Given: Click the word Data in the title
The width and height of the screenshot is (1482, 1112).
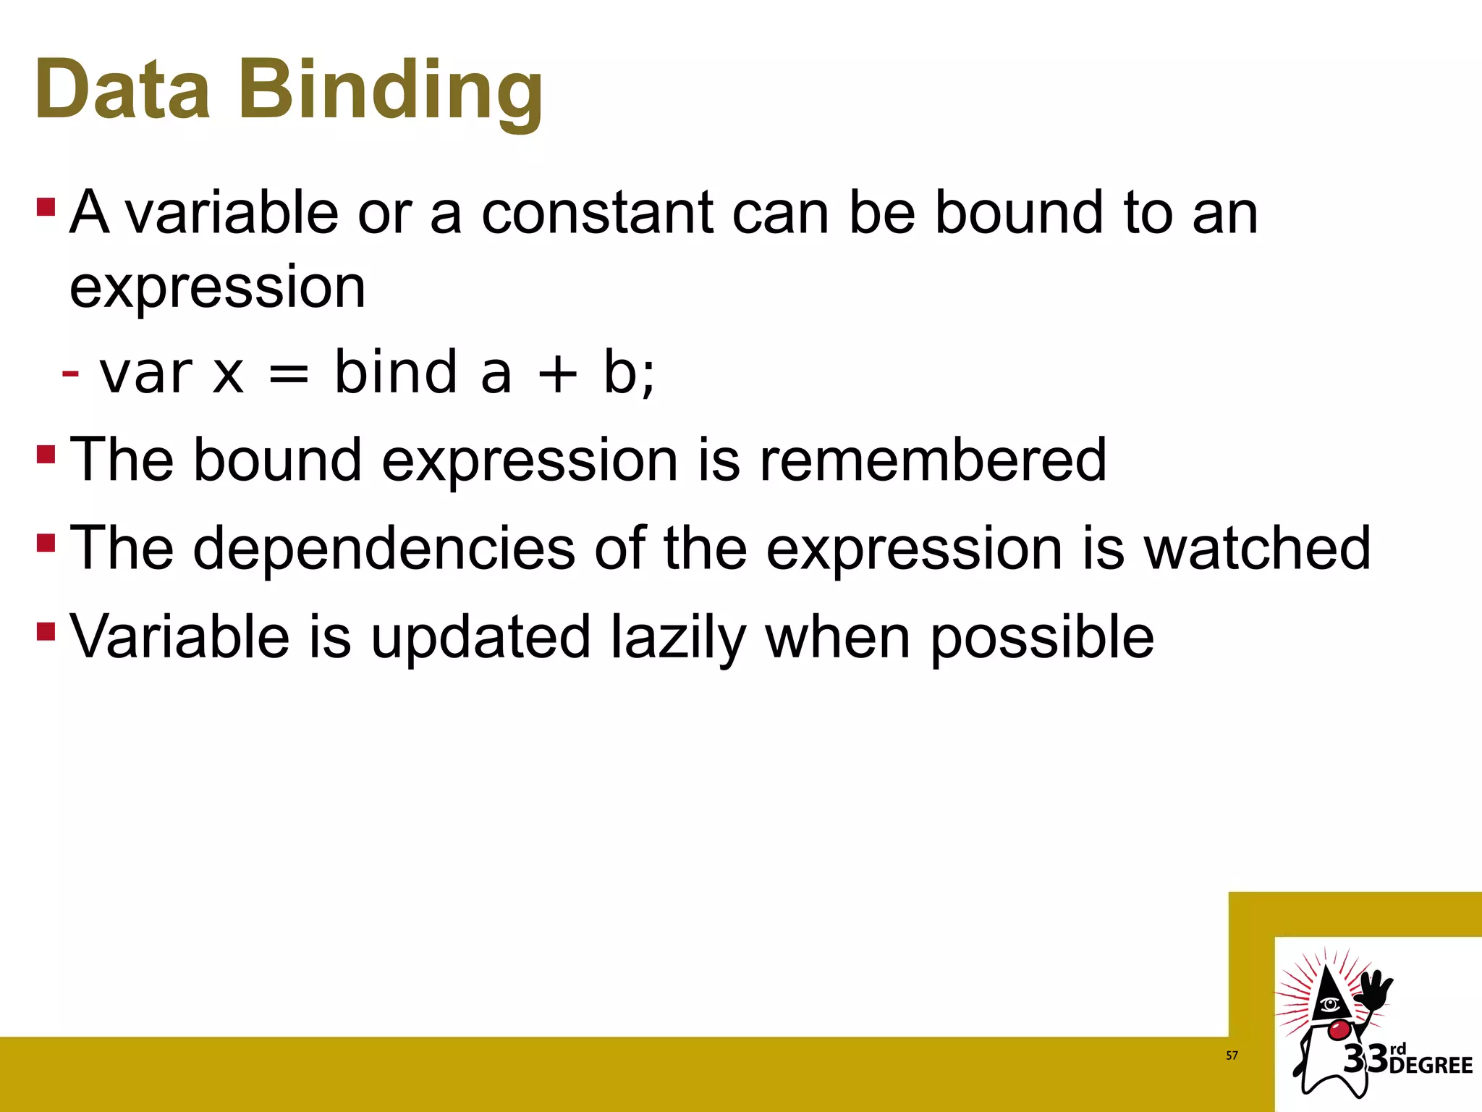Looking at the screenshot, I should pyautogui.click(x=122, y=89).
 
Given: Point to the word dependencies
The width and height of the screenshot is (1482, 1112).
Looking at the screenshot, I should pyautogui.click(x=384, y=548).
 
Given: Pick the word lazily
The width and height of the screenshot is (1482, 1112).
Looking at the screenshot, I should pyautogui.click(x=678, y=638).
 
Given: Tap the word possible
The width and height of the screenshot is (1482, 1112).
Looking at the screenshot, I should pyautogui.click(x=1042, y=638).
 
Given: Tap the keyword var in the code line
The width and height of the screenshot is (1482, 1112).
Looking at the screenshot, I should pyautogui.click(x=146, y=374).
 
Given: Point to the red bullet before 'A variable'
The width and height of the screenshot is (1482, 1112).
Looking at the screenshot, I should pyautogui.click(x=46, y=208).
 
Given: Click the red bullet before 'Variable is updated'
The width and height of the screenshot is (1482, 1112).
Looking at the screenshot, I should pyautogui.click(x=46, y=631).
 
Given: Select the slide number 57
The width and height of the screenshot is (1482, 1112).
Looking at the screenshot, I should pyautogui.click(x=1232, y=1056).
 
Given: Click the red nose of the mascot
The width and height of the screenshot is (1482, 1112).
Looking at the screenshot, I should pyautogui.click(x=1339, y=1029).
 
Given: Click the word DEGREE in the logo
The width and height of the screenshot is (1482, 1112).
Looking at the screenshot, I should pyautogui.click(x=1431, y=1066).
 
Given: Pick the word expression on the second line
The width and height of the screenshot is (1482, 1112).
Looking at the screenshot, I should pyautogui.click(x=218, y=287).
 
